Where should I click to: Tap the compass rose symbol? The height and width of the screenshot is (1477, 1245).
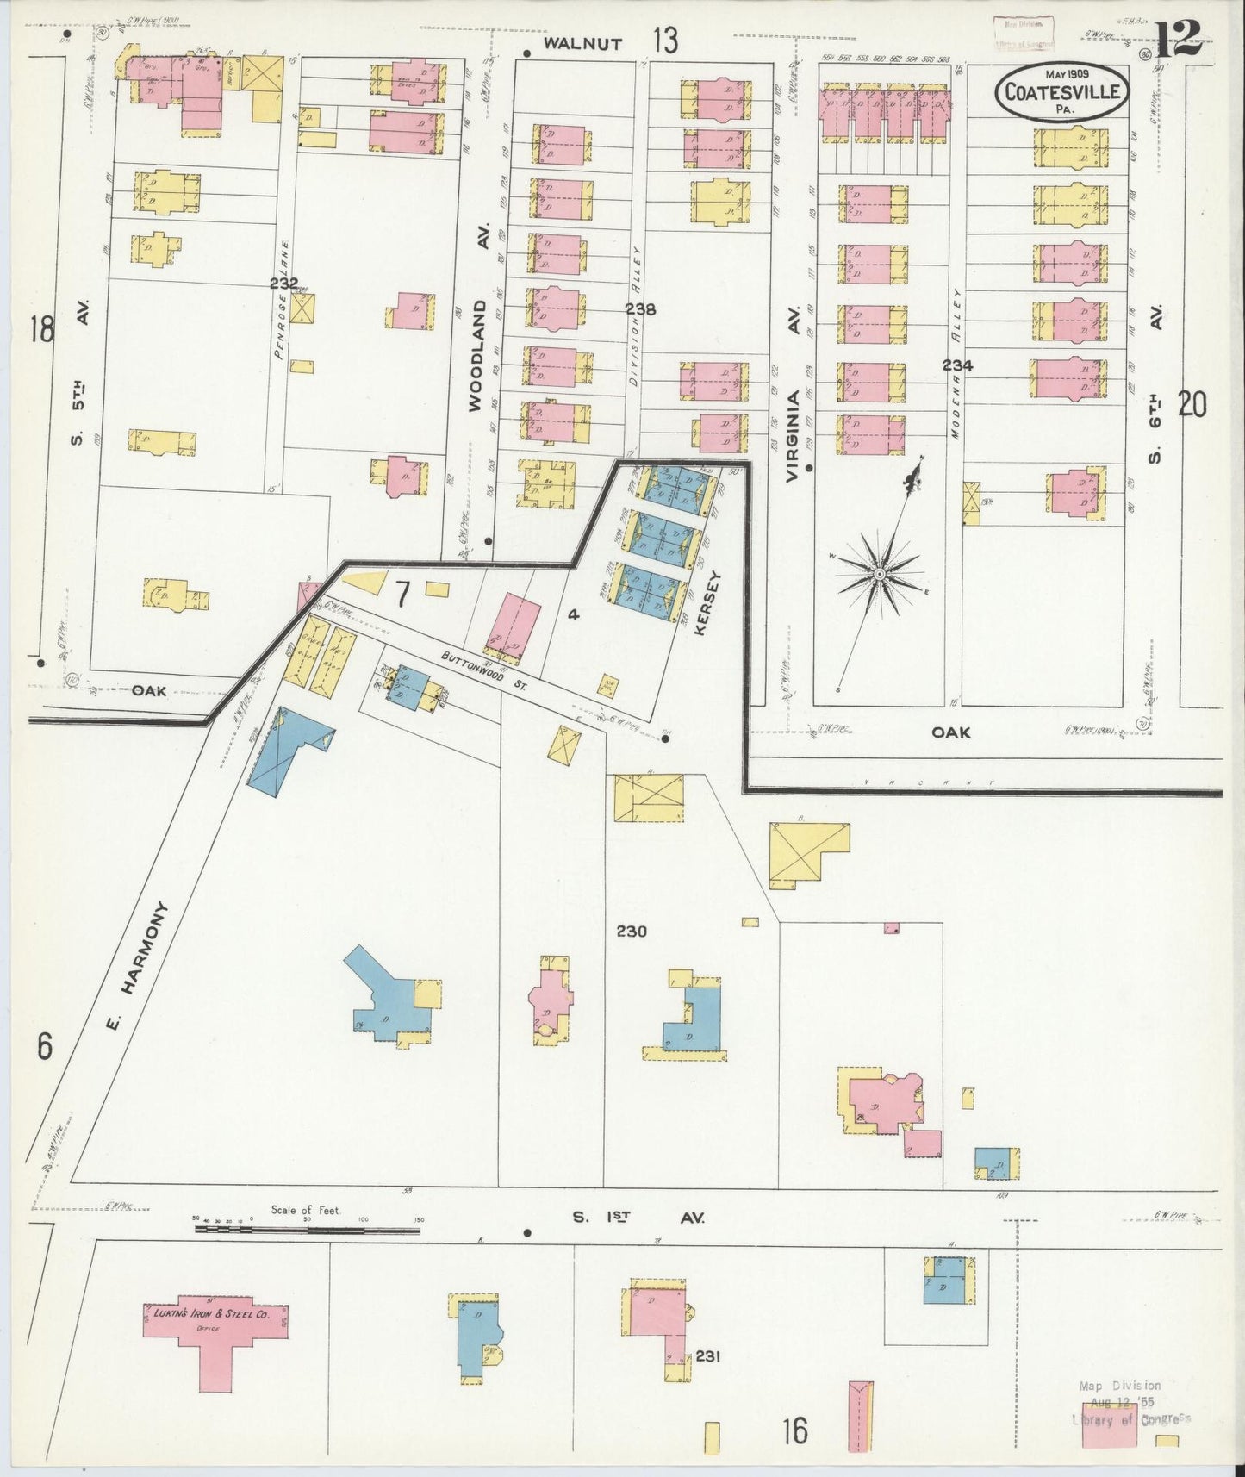click(880, 573)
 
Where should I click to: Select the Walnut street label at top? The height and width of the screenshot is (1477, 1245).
click(583, 43)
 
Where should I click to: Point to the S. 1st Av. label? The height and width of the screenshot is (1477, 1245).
click(638, 1218)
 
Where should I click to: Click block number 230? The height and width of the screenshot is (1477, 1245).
click(631, 931)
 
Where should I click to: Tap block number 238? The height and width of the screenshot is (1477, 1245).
click(641, 309)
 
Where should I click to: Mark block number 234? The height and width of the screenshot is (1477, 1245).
click(956, 365)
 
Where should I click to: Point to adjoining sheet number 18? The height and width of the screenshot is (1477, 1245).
click(40, 328)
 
